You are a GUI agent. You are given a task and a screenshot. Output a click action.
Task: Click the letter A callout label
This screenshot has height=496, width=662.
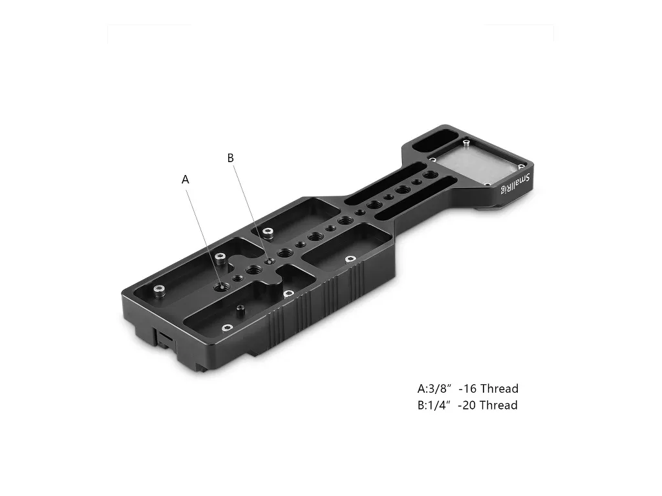pos(185,180)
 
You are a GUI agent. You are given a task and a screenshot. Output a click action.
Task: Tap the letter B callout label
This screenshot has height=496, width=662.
pos(231,158)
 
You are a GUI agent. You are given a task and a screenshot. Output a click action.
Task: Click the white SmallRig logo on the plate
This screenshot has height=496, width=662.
pos(515,184)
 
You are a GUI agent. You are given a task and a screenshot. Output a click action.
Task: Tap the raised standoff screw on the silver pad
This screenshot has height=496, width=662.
pos(465,143)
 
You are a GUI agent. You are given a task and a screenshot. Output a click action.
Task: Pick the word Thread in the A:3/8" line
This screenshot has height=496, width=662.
pos(500,388)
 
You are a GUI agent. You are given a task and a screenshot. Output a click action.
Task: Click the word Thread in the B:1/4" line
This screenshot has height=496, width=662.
pos(498,405)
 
